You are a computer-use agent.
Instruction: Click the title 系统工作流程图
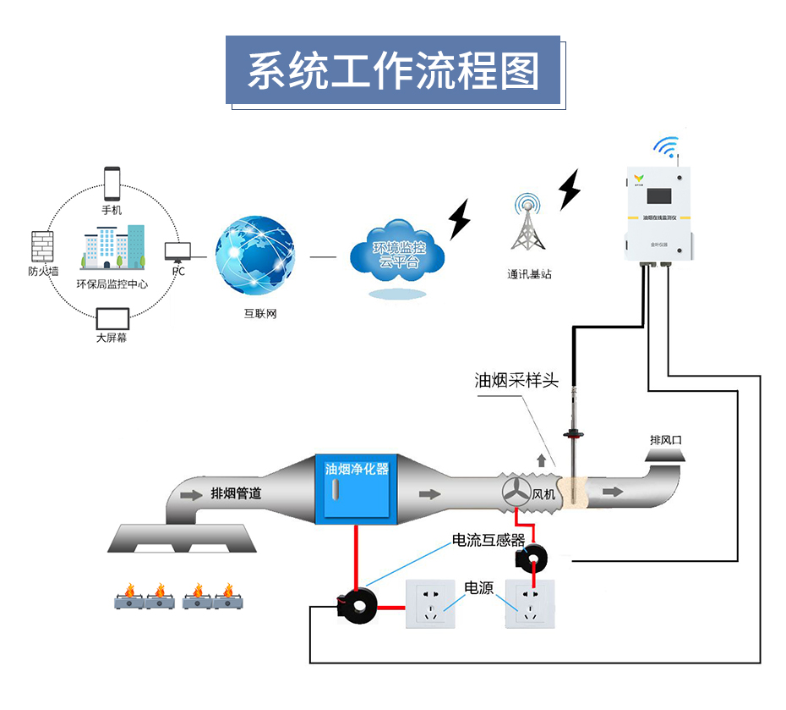pos(393,71)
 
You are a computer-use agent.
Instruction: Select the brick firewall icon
pos(42,246)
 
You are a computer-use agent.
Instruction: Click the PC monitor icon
pos(177,251)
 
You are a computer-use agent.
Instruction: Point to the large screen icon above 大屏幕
pos(112,319)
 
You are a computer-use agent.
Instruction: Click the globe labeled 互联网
pos(256,256)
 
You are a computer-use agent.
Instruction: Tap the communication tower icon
pos(528,223)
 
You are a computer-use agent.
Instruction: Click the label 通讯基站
pos(529,274)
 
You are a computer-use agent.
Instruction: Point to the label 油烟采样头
pos(516,381)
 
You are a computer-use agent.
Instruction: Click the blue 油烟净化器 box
pos(357,490)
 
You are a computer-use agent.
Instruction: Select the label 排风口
pos(665,440)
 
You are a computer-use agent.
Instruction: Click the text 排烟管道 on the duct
pos(236,493)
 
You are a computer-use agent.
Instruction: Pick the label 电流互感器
pos(489,541)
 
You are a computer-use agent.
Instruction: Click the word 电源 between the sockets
pos(479,587)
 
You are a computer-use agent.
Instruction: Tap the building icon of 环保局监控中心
pos(112,248)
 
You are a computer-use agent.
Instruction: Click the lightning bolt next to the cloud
pos(460,219)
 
